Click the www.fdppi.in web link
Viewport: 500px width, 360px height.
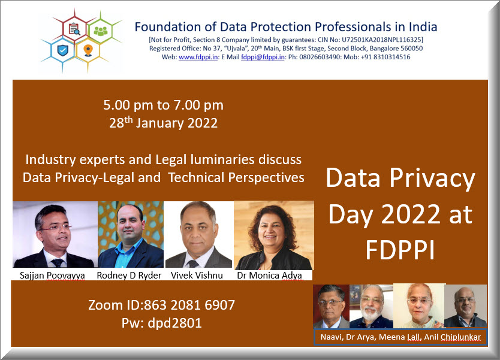(198, 57)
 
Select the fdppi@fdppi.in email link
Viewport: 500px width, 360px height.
(263, 57)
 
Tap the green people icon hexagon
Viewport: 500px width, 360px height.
(100, 31)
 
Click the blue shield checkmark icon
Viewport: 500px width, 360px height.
(62, 50)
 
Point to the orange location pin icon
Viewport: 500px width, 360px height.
(88, 50)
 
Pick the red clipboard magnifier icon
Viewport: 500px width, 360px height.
(74, 29)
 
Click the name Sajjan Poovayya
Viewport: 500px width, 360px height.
(52, 276)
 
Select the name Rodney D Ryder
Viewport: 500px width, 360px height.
(129, 276)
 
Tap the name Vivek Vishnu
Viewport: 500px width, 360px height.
(197, 276)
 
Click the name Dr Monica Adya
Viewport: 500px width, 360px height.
(269, 276)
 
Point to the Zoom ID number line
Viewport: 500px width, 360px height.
(161, 305)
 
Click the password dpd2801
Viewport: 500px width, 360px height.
(174, 323)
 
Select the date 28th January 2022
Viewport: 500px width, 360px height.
(163, 123)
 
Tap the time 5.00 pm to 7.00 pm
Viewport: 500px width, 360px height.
(163, 105)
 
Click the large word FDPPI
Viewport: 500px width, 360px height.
(400, 250)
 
